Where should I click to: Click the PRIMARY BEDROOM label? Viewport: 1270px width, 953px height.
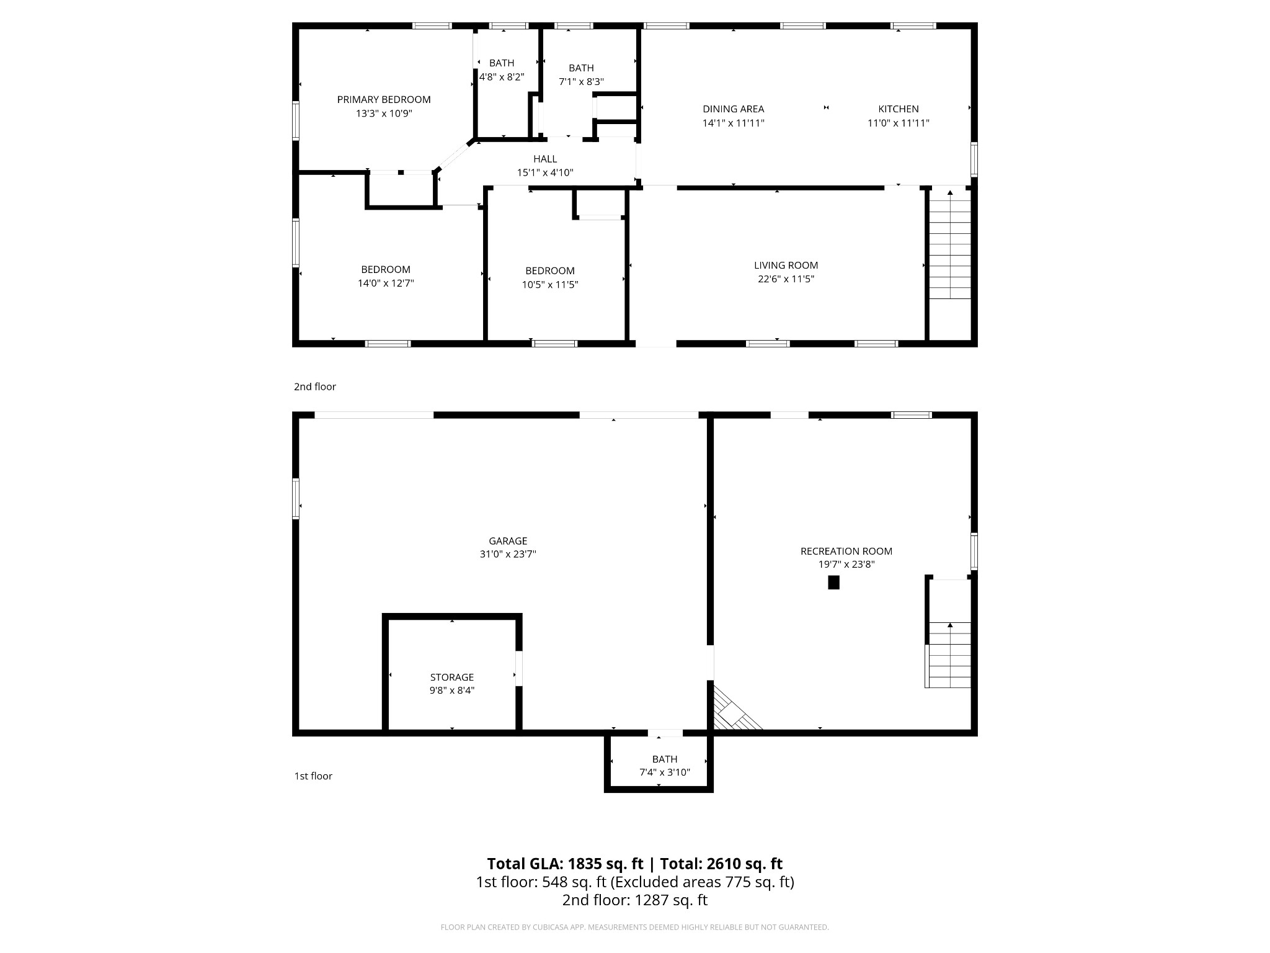pyautogui.click(x=383, y=99)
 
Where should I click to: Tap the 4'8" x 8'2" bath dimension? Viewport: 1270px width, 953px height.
pyautogui.click(x=502, y=77)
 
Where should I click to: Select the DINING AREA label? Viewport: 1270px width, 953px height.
pyautogui.click(x=733, y=109)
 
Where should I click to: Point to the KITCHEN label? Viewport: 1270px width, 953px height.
pyautogui.click(x=898, y=109)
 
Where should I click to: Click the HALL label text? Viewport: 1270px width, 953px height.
pyautogui.click(x=545, y=159)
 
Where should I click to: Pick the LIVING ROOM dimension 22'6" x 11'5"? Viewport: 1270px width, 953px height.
pyautogui.click(x=786, y=279)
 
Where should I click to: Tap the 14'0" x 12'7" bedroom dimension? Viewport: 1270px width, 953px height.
pyautogui.click(x=385, y=284)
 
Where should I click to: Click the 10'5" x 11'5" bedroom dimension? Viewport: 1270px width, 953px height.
pyautogui.click(x=549, y=285)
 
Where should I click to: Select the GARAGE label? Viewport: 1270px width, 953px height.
pyautogui.click(x=507, y=541)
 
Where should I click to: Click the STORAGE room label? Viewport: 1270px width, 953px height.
pyautogui.click(x=451, y=678)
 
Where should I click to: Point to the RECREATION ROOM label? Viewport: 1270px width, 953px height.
pyautogui.click(x=846, y=551)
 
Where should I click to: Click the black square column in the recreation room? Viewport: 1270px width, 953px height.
pyautogui.click(x=833, y=583)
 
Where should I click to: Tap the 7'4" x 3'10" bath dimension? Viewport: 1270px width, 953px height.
pyautogui.click(x=664, y=772)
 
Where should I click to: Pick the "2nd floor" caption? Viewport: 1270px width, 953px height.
pyautogui.click(x=315, y=387)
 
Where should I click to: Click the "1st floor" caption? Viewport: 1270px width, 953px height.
pyautogui.click(x=313, y=776)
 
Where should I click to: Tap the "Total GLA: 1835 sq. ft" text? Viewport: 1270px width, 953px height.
pyautogui.click(x=566, y=864)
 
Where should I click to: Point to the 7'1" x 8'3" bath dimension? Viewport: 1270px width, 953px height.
pyautogui.click(x=581, y=82)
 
